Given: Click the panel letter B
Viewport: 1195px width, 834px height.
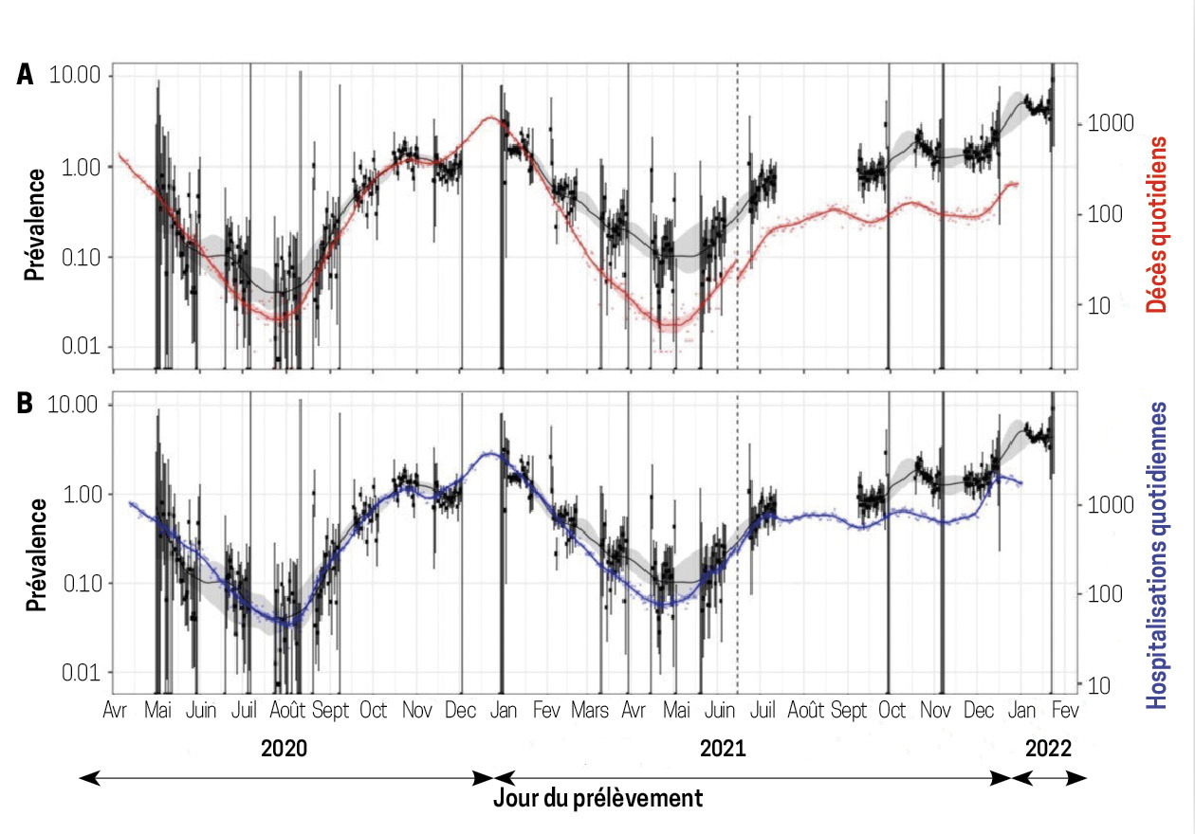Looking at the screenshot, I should pos(26,402).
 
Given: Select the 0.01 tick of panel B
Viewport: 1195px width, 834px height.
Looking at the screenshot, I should pos(83,673).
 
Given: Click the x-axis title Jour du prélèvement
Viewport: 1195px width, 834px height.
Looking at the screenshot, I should pos(598,798).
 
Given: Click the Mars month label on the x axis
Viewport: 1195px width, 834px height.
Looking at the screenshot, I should pos(589,711).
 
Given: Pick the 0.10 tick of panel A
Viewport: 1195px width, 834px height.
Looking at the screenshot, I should pos(83,258).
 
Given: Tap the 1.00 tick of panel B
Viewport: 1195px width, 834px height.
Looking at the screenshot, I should pos(83,495).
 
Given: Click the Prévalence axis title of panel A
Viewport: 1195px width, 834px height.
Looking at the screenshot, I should pos(36,226).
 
